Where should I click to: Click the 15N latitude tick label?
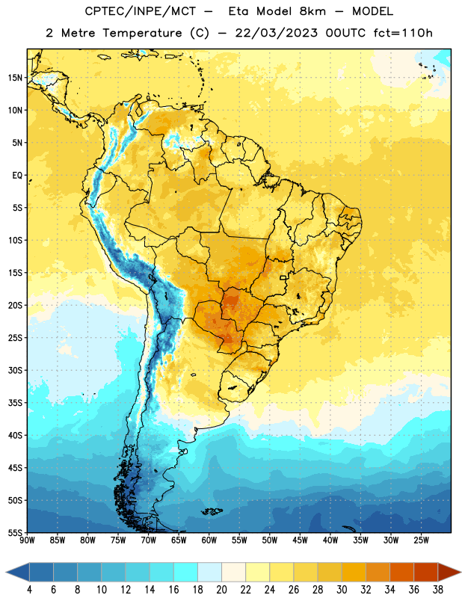point(15,78)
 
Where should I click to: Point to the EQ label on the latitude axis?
point(17,176)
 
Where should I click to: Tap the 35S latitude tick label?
point(15,403)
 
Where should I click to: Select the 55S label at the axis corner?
point(15,532)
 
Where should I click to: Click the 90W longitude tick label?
point(27,540)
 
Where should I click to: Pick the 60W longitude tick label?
point(209,540)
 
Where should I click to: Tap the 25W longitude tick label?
point(421,540)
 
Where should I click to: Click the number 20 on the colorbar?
point(221,590)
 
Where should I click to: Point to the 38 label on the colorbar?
point(438,590)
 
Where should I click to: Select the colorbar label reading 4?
point(29,590)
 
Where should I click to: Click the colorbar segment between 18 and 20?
point(209,572)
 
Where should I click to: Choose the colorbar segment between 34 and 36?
point(401,572)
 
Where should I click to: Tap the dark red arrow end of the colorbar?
point(449,572)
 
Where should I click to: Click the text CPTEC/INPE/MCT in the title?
point(141,11)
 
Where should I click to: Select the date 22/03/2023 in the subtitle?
point(276,33)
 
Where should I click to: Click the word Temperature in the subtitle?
point(142,33)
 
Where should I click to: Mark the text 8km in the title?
point(312,11)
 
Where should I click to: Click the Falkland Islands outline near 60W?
point(212,511)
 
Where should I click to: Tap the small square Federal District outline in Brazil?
point(283,277)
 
